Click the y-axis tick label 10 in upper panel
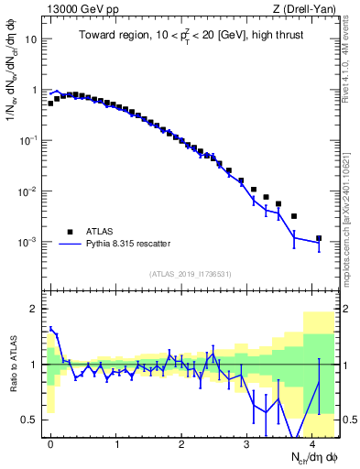(x=34, y=40)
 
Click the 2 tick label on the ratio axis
(x=37, y=309)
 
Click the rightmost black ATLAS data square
(x=319, y=238)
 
